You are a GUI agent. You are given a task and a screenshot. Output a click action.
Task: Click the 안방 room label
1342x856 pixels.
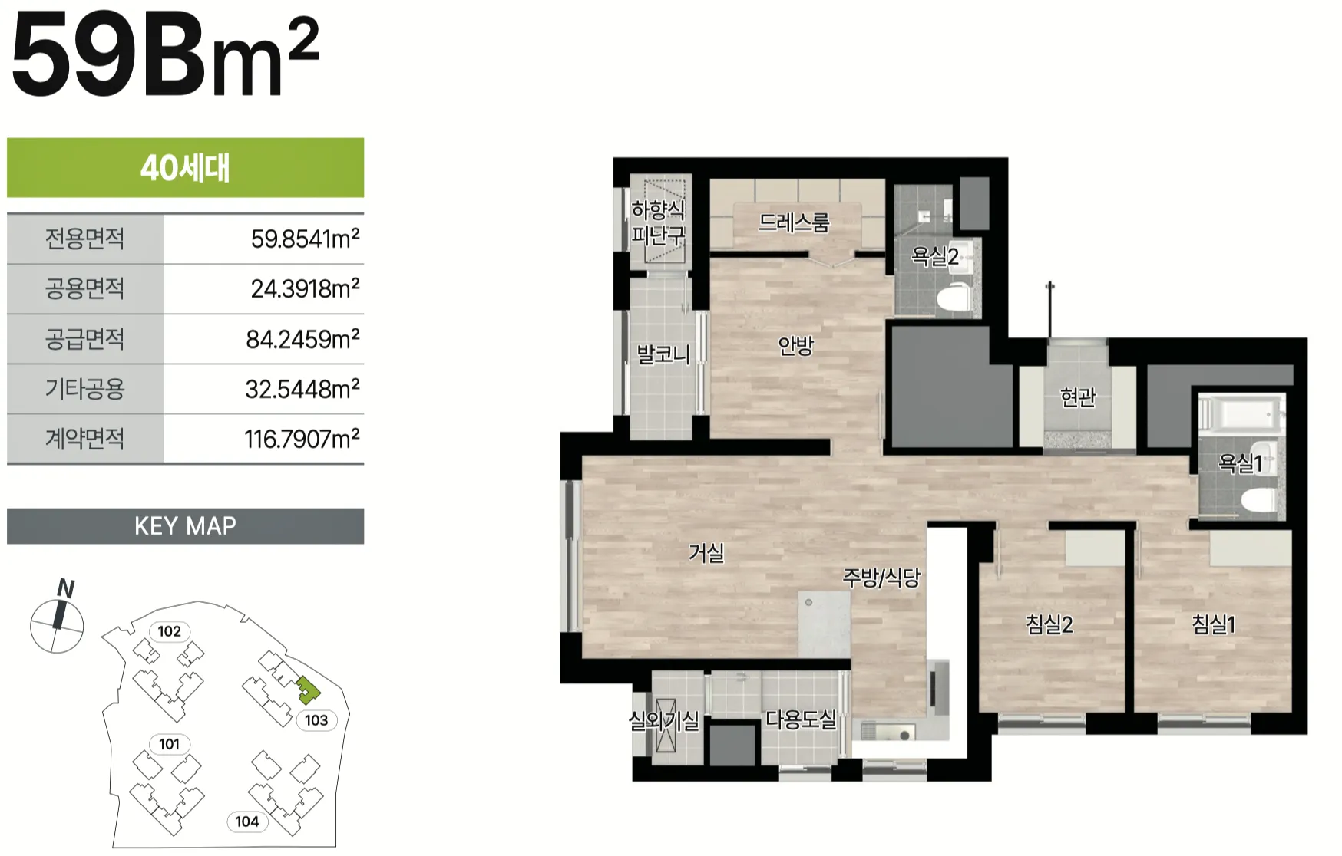795,346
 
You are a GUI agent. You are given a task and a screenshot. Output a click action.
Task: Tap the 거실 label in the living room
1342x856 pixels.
706,552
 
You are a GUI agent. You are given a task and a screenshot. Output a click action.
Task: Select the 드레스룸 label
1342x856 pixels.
794,222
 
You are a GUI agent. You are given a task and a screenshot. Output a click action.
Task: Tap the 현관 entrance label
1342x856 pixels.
1078,397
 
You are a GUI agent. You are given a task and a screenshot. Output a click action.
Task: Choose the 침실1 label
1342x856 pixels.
1214,624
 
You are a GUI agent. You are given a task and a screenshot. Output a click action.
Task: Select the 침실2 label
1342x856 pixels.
1049,624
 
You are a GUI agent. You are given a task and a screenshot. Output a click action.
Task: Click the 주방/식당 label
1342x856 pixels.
881,578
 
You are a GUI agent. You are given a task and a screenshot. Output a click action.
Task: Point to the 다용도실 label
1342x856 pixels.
801,719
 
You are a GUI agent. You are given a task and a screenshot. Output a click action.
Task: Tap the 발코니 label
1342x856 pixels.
663,354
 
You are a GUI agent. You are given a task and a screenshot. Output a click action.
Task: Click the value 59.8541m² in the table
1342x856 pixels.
305,239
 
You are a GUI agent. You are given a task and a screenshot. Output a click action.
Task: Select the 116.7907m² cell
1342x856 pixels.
302,439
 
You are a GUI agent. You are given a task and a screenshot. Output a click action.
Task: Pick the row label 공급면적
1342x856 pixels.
84,338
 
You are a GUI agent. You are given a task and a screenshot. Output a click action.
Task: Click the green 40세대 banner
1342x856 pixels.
185,168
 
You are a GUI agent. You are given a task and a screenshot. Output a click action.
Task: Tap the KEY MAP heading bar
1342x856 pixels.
185,526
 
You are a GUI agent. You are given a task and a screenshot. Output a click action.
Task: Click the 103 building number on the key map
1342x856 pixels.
316,720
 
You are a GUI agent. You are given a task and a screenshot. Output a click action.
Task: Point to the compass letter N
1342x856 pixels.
66,589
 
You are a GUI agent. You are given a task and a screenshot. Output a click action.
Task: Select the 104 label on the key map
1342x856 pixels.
246,821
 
